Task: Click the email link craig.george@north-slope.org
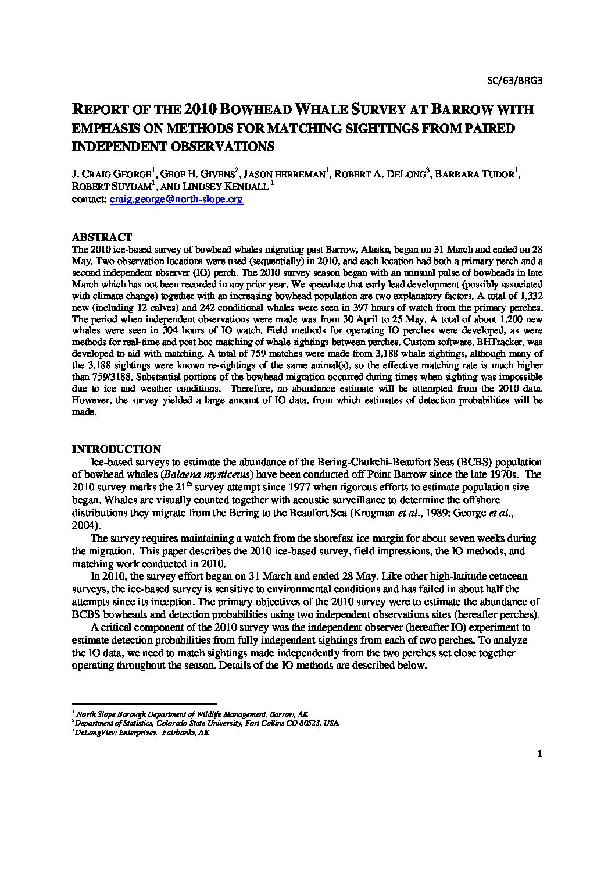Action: (x=176, y=199)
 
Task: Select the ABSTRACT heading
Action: (x=101, y=237)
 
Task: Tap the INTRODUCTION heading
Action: (x=116, y=449)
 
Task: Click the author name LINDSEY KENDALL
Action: (x=223, y=186)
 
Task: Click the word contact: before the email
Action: (x=89, y=199)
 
